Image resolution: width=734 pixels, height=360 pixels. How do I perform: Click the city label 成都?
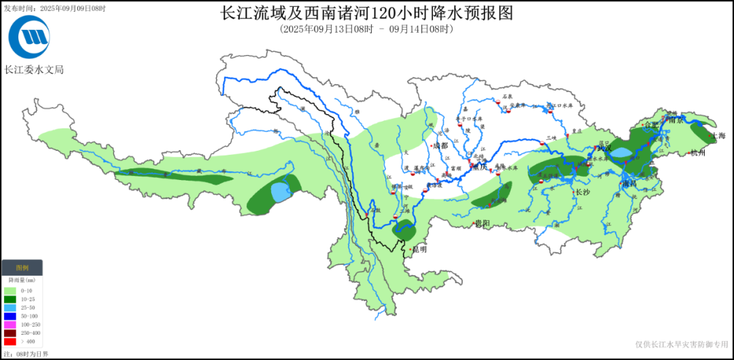click(441, 145)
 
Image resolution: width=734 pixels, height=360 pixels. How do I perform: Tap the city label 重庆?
click(480, 167)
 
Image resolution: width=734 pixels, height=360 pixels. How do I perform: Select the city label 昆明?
click(419, 249)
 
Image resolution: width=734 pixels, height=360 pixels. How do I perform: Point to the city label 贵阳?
click(482, 223)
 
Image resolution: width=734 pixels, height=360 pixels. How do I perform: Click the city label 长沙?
click(582, 192)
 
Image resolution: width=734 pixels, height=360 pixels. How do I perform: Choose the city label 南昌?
click(629, 183)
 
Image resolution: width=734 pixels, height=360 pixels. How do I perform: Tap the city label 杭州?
click(698, 153)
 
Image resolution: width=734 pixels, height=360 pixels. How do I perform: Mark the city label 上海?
click(718, 136)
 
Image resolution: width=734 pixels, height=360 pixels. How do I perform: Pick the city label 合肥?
click(651, 125)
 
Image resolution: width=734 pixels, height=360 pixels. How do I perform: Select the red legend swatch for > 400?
click(10, 342)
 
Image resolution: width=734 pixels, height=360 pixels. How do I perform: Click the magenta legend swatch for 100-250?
click(10, 325)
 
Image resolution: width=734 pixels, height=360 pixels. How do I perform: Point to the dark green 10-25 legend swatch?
click(10, 299)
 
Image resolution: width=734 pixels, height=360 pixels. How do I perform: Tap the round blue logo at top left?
click(29, 37)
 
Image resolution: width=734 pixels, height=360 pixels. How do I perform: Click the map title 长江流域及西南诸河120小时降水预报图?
click(367, 13)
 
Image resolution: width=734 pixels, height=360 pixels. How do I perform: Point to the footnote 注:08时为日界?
click(26, 354)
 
